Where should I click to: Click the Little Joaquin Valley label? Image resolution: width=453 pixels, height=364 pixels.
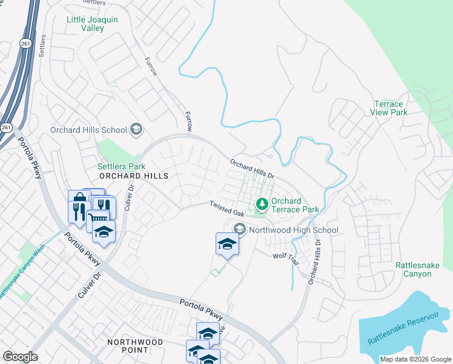[92, 24]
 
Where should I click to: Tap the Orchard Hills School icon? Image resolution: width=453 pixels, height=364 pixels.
[136, 129]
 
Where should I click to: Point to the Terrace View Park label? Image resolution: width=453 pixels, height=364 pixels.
[388, 108]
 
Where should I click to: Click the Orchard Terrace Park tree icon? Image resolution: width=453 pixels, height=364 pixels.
[262, 204]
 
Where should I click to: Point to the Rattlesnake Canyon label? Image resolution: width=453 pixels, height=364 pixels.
[422, 269]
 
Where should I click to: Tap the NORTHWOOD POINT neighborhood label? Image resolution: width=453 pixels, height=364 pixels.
[134, 346]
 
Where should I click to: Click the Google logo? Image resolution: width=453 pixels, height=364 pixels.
[20, 357]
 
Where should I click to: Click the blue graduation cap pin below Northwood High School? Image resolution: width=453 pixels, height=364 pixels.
[227, 244]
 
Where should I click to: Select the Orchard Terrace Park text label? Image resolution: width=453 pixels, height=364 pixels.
[295, 205]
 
